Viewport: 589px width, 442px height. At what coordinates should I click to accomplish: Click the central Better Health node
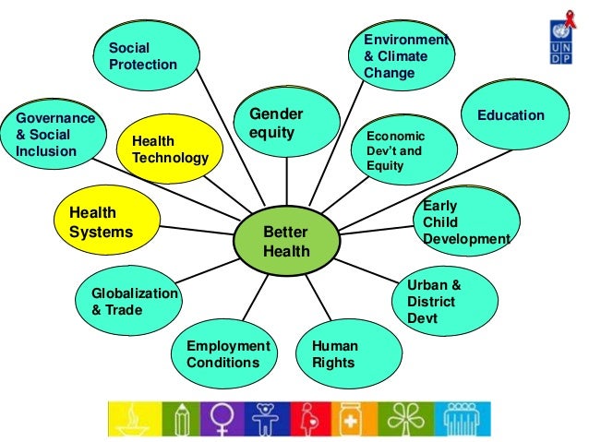pyautogui.click(x=286, y=241)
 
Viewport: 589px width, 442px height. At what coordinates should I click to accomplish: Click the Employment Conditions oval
pyautogui.click(x=227, y=353)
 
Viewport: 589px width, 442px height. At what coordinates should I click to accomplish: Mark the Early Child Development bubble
pyautogui.click(x=463, y=222)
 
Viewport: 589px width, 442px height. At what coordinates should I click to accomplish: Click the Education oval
pyautogui.click(x=511, y=117)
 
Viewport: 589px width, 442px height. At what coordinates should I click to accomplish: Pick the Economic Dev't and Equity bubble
pyautogui.click(x=403, y=149)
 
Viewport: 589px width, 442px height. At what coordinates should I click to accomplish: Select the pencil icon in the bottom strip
pyautogui.click(x=181, y=417)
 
